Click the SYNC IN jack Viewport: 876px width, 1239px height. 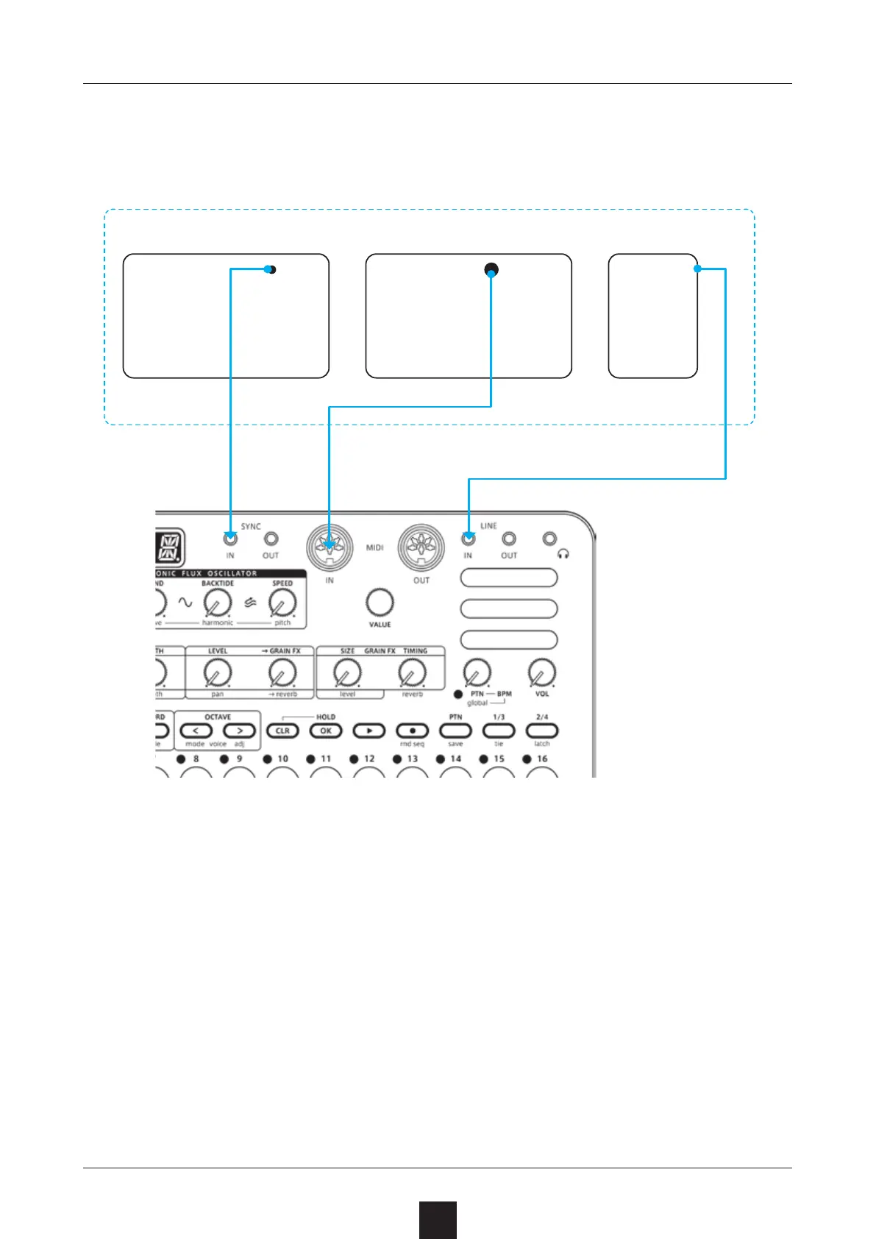pyautogui.click(x=230, y=539)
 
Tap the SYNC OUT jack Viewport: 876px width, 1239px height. pyautogui.click(x=271, y=539)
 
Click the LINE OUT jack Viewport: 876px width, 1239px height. pyautogui.click(x=508, y=539)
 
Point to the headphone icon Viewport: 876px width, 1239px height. pyautogui.click(x=563, y=554)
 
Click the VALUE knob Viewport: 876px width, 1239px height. pyautogui.click(x=380, y=603)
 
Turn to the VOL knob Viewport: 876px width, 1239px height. pyautogui.click(x=542, y=672)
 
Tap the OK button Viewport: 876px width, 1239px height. pyautogui.click(x=326, y=731)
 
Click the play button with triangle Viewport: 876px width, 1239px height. pyautogui.click(x=369, y=731)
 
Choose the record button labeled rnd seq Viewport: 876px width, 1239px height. pyautogui.click(x=413, y=731)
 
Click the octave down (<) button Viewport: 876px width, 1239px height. pyautogui.click(x=196, y=731)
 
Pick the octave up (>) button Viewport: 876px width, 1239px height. pyautogui.click(x=239, y=731)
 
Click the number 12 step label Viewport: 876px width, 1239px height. pyautogui.click(x=369, y=759)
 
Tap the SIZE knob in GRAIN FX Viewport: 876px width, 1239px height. pyautogui.click(x=347, y=672)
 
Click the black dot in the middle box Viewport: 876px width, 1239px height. pyautogui.click(x=491, y=270)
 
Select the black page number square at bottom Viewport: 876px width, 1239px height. pyautogui.click(x=438, y=1220)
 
